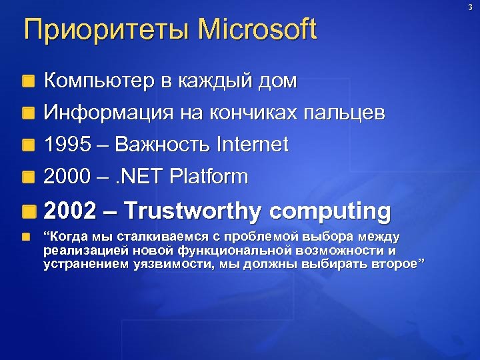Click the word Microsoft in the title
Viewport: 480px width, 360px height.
257,30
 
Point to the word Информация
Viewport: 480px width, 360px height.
107,114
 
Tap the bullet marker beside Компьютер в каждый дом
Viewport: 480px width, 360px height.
27,83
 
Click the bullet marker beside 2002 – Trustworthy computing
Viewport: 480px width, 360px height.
27,211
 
